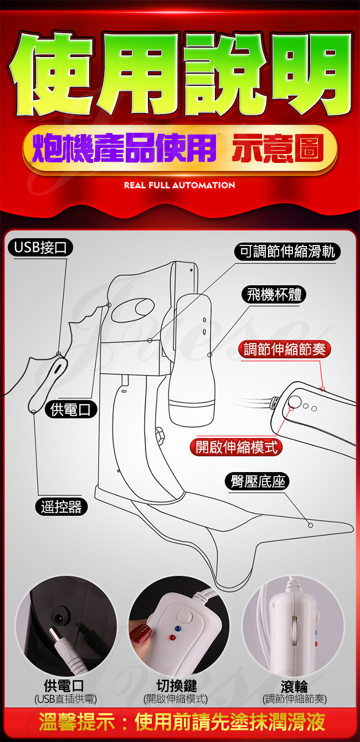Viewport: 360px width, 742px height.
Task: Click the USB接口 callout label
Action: [x=40, y=248]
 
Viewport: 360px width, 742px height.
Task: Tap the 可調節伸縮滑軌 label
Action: [x=287, y=252]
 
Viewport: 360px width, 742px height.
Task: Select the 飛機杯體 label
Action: [x=274, y=294]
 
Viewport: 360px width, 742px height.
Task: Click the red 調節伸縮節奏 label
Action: [x=285, y=349]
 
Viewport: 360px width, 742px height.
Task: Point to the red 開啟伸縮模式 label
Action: [x=236, y=447]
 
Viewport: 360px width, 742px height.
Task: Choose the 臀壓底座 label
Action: [x=258, y=482]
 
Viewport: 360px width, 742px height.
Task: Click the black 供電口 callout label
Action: [x=70, y=410]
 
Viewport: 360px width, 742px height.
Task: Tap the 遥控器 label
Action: [x=61, y=507]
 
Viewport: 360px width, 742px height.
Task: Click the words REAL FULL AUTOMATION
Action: [x=179, y=185]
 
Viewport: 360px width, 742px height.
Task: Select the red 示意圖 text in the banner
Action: [x=277, y=149]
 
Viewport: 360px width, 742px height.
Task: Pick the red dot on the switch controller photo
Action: [x=172, y=637]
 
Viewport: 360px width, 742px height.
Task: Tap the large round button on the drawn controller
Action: [x=295, y=402]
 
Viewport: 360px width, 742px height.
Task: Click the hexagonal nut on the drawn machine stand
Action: [x=160, y=436]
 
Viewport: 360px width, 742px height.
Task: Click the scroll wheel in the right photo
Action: [x=294, y=627]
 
